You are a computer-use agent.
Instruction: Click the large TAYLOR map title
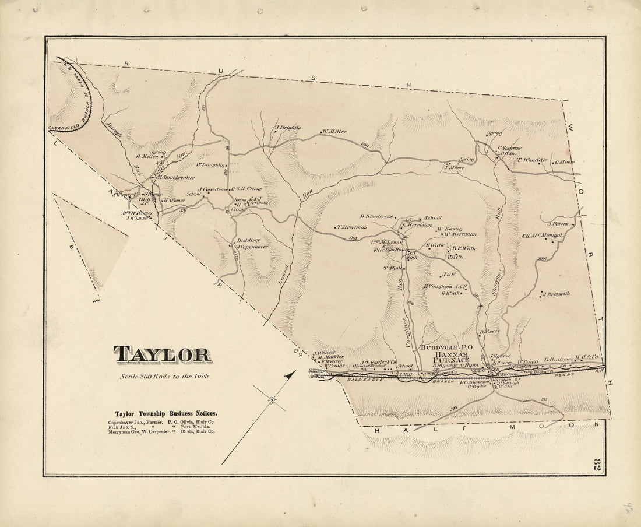(162, 354)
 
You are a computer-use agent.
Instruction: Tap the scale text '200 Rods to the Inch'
(164, 376)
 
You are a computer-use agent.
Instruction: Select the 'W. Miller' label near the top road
(334, 131)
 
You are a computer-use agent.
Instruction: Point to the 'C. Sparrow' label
(509, 149)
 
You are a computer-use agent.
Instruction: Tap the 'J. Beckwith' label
(557, 294)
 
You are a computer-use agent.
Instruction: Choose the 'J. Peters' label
(558, 223)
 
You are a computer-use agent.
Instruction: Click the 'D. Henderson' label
(375, 216)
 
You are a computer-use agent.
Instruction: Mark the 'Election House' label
(390, 250)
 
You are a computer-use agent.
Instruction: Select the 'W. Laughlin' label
(210, 164)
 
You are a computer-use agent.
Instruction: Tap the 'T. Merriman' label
(351, 227)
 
